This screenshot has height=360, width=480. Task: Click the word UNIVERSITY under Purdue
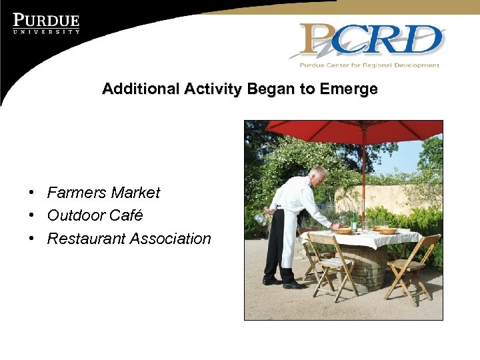(46, 31)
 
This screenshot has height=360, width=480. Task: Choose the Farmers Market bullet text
(103, 193)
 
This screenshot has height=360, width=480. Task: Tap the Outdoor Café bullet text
(95, 215)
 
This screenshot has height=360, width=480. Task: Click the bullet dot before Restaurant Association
(32, 239)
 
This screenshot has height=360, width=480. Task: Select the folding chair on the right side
(411, 267)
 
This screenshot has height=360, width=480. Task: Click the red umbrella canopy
(347, 132)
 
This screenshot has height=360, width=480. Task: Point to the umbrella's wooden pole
(363, 180)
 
